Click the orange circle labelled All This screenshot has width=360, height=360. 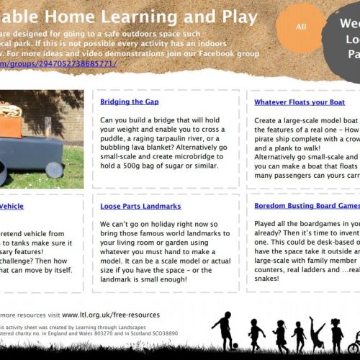[300, 27]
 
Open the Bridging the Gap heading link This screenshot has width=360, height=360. [130, 102]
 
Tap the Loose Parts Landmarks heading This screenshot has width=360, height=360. [140, 207]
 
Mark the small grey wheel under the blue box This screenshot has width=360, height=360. [54, 170]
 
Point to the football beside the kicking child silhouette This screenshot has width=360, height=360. [235, 346]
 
